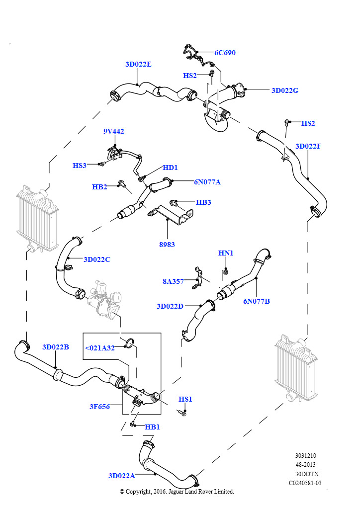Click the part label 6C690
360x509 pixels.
(x=225, y=53)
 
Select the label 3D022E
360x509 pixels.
(x=138, y=64)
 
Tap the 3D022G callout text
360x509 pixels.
(x=285, y=90)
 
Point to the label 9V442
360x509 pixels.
(x=113, y=131)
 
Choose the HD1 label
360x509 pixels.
(x=170, y=168)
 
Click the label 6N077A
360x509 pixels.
(x=207, y=182)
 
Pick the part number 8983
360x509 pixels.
(x=167, y=245)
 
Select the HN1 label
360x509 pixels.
(x=226, y=253)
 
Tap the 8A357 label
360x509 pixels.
(x=173, y=281)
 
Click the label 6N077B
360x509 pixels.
(x=257, y=301)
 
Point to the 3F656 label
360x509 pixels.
(x=99, y=407)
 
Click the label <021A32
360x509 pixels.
(x=99, y=348)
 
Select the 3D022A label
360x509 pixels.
(x=122, y=476)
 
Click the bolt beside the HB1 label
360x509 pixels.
(x=132, y=424)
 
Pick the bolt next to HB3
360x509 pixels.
(x=174, y=203)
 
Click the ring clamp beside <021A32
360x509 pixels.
(x=129, y=342)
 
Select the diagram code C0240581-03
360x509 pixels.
(x=305, y=483)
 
